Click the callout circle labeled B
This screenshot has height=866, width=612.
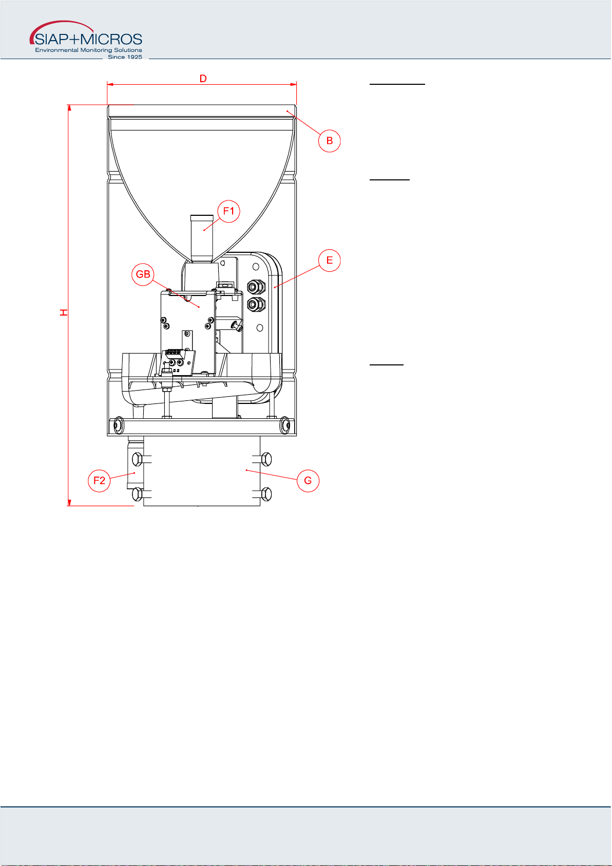coord(329,141)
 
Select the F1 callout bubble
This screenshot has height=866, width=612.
coord(228,211)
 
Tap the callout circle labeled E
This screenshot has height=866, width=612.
coord(329,260)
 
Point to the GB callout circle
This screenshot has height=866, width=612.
coord(143,274)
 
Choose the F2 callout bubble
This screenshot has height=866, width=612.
coord(99,481)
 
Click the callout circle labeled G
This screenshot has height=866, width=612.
coord(308,481)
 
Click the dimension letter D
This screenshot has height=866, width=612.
coord(203,79)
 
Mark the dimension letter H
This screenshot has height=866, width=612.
coord(64,312)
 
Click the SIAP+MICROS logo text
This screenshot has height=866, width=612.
coord(88,39)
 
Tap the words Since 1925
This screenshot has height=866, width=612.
coord(125,57)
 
